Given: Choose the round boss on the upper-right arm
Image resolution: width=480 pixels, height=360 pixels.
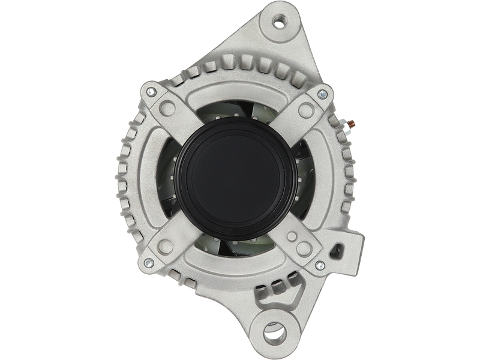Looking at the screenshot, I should tap(308, 109).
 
